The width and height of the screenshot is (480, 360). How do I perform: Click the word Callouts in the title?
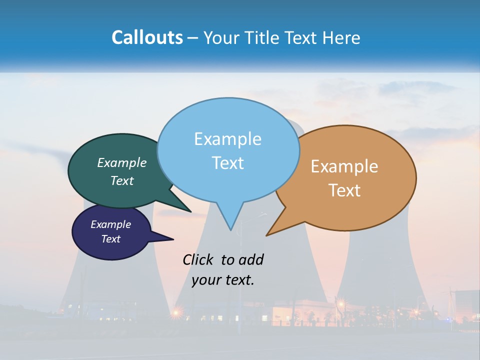(147, 37)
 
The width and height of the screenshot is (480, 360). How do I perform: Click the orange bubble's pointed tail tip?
(268, 234)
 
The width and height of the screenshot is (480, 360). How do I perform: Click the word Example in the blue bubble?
(227, 138)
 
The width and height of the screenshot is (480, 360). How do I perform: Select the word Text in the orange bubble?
(344, 190)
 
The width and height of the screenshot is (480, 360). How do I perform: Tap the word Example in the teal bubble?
(121, 162)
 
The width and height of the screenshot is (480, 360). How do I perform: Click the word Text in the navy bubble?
(111, 239)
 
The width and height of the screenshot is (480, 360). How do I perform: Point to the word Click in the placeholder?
(197, 259)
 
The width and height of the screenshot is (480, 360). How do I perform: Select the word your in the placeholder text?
(206, 280)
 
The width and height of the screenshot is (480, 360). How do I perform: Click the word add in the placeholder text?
(251, 259)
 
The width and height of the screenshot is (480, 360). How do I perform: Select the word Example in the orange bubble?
(344, 166)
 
